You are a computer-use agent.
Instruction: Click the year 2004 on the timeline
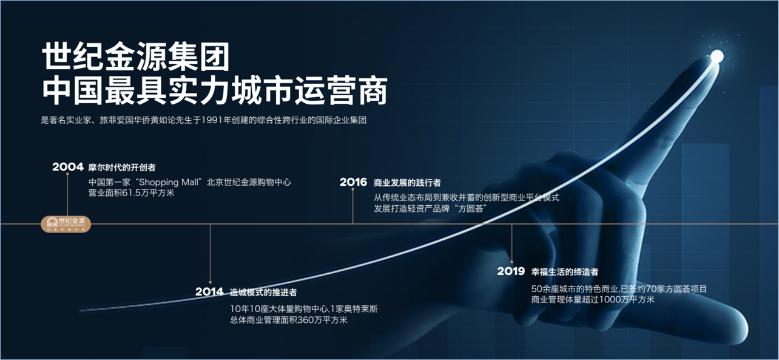[68, 167]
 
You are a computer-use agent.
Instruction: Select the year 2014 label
[209, 291]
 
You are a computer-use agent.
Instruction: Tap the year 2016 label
[353, 182]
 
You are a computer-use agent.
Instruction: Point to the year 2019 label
[511, 271]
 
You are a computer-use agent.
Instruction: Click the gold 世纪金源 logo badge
[66, 224]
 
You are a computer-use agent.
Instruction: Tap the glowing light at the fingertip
[717, 56]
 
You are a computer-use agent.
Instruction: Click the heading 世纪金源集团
[136, 56]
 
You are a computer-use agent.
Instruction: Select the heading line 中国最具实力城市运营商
[215, 90]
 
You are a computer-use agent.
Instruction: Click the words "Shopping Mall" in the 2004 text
[169, 182]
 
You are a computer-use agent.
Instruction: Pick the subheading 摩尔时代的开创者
[122, 168]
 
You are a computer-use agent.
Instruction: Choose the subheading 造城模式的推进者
[263, 292]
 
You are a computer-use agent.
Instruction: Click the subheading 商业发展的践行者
[407, 183]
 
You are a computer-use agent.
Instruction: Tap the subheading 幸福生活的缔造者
[565, 271]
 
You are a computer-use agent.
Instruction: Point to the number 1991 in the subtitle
[212, 120]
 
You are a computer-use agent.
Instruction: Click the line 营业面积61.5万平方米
[131, 193]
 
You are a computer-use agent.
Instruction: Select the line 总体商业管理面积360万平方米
[289, 320]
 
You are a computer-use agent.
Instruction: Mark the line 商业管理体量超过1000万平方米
[593, 299]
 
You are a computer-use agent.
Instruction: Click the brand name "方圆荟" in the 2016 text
[471, 209]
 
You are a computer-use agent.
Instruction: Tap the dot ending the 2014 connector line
[211, 282]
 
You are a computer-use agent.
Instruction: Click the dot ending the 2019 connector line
[511, 262]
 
